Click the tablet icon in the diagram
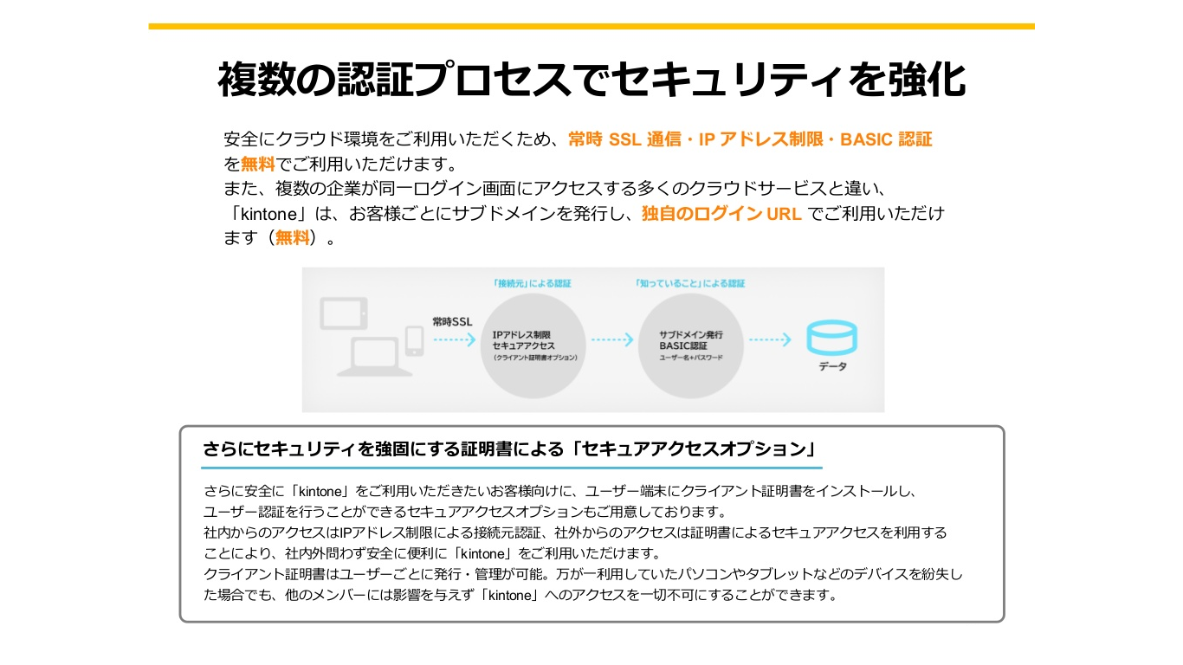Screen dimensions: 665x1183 coord(343,313)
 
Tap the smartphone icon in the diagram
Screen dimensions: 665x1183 coord(415,340)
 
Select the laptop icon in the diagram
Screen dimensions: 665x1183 coord(374,356)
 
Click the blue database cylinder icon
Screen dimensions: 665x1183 coord(831,337)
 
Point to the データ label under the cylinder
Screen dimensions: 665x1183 coord(833,367)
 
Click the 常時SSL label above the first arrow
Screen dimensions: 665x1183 coord(452,322)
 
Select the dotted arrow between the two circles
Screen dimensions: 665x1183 coord(612,340)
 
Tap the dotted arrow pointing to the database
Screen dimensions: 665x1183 coord(770,340)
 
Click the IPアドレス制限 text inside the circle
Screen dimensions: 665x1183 coord(521,334)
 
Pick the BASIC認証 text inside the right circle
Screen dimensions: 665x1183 coord(683,345)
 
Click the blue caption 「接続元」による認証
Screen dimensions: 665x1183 coord(532,283)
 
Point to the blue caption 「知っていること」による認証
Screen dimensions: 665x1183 coord(688,283)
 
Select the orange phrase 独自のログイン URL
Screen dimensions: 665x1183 coord(721,214)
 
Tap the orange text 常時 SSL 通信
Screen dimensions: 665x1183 coord(624,139)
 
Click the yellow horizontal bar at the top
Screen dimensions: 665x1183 coord(591,27)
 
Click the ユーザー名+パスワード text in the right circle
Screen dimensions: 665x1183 coord(691,357)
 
